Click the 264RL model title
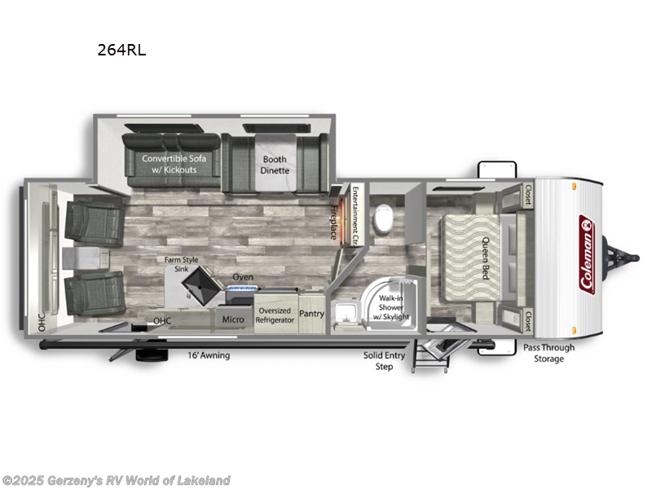coord(121,49)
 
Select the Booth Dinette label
coord(275,165)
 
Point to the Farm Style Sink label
coord(181,264)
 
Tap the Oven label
coord(243,277)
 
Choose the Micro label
coord(233,319)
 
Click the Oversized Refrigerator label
coord(275,315)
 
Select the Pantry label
coord(311,314)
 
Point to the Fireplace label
coord(333,221)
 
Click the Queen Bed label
coord(485,258)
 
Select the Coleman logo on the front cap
coord(586,253)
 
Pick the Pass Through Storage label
coord(548,353)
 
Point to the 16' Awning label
coord(209,355)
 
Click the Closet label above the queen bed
coord(528,195)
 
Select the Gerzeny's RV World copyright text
coord(117,480)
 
